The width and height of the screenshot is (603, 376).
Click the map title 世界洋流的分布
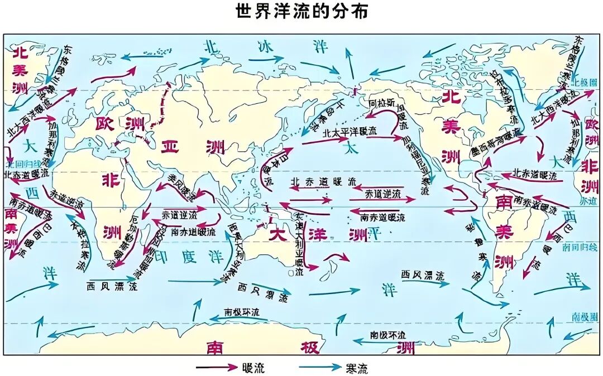(x=301, y=12)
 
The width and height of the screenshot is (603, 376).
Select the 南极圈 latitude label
(x=583, y=317)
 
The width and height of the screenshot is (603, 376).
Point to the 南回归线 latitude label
(x=582, y=245)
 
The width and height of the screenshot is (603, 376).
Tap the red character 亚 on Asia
(x=168, y=146)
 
